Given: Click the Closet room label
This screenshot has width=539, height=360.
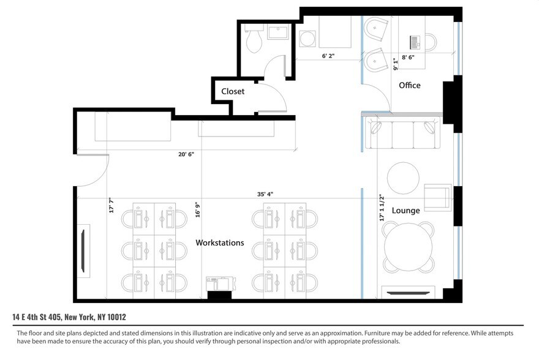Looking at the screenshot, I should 233,91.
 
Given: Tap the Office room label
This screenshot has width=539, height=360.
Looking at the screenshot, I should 410,85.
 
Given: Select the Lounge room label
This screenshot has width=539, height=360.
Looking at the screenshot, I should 405,211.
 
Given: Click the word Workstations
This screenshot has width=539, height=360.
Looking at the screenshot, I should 219,243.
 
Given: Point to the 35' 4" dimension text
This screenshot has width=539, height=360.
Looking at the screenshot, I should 265,194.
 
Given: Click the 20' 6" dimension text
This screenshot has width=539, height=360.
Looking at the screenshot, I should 186,154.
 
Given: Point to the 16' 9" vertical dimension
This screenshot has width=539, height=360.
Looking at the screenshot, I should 197,209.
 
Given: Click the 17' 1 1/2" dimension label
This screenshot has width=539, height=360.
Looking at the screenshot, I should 380,208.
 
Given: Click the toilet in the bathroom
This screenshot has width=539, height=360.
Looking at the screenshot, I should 253,40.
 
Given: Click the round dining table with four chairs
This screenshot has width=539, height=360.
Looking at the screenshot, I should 409,247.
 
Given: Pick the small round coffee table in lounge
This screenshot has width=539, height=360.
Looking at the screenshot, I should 404,177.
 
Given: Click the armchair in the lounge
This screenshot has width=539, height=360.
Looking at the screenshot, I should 437,197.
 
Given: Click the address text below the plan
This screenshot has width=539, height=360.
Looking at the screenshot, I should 69,317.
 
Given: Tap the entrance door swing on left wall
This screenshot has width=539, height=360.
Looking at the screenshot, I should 92,170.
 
